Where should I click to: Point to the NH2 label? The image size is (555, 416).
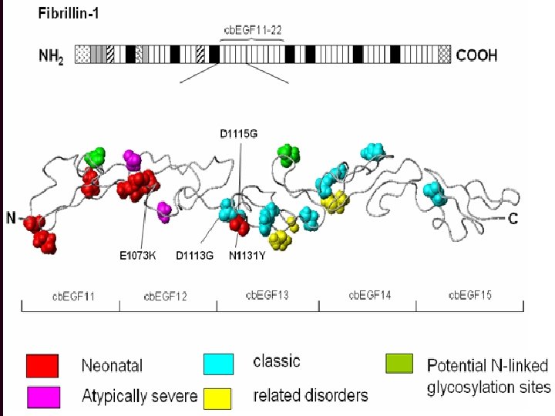tap(52, 55)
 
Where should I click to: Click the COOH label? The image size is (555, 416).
tap(477, 55)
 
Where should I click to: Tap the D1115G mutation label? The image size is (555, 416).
tap(237, 133)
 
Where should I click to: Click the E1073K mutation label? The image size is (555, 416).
tap(138, 257)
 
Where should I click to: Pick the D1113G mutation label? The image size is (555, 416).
tap(194, 257)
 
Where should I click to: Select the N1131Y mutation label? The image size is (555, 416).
tap(247, 257)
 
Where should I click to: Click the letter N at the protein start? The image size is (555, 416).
tap(11, 218)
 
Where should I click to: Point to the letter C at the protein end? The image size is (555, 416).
tap(513, 219)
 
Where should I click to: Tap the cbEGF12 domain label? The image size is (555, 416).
tap(166, 295)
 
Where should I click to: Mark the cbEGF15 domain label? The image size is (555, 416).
tap(469, 294)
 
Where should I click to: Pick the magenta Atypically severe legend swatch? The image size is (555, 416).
tap(43, 396)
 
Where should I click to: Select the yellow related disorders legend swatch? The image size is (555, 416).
tap(220, 395)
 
